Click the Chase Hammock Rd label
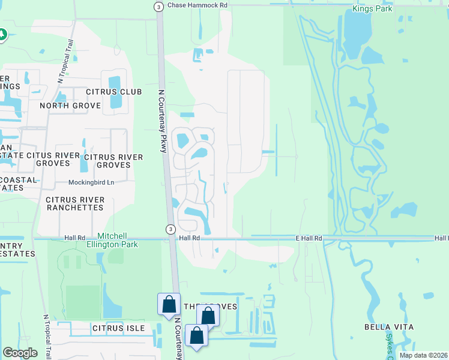pos(198,5)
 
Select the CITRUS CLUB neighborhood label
pos(113,92)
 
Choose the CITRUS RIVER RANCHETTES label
pos(75,203)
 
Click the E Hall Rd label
pos(309,238)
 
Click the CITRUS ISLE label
pos(118,328)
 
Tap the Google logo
pos(20,353)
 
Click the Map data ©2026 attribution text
pos(423,355)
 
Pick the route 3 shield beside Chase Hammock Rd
pos(158,6)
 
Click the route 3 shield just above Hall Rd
pos(170,229)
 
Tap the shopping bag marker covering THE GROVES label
pos(208,315)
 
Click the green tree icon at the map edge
pos(2,35)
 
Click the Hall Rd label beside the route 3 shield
pos(188,238)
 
